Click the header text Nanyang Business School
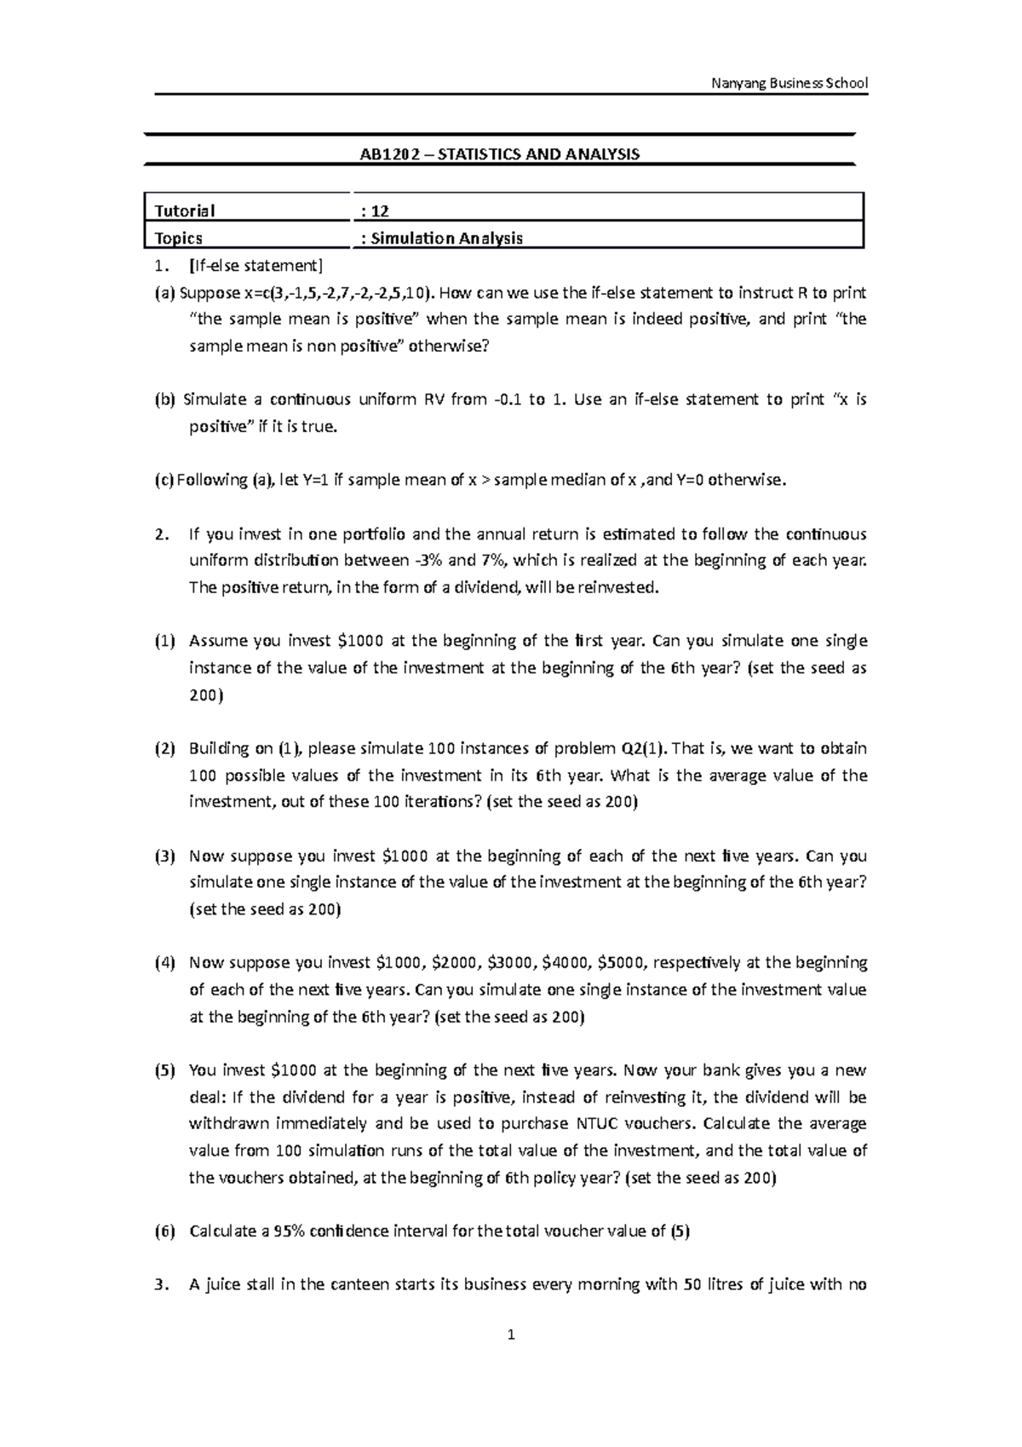(x=789, y=83)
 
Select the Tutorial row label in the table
(x=184, y=210)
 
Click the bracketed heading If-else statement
(x=256, y=265)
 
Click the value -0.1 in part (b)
(x=507, y=400)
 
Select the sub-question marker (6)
(x=164, y=1231)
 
